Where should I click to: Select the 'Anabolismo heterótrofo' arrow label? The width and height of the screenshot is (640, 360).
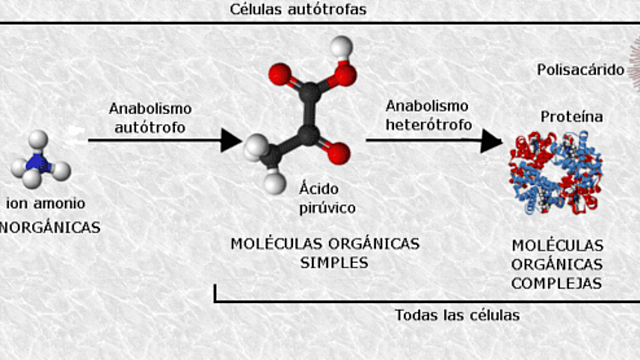coord(427,114)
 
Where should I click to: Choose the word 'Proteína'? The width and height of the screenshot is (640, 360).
coord(571,116)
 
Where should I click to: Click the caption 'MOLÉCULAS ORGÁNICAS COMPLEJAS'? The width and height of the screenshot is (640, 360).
coord(556,264)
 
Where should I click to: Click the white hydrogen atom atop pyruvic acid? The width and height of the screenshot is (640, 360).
coord(342,46)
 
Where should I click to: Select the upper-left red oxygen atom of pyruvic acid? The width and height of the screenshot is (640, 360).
coord(281,74)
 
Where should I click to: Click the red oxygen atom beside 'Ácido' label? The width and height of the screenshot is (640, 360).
coord(337,152)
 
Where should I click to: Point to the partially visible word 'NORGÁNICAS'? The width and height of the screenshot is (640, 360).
coord(50,227)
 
